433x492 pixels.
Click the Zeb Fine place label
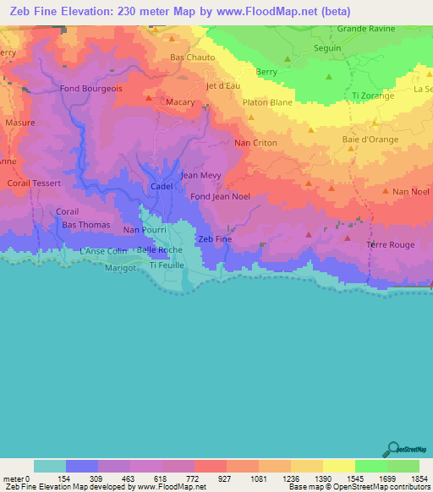[x=214, y=239]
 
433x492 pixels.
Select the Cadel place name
[x=161, y=186]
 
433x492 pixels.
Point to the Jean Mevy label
[x=201, y=176]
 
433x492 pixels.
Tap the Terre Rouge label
[x=390, y=244]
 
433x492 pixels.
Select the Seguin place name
[x=326, y=48]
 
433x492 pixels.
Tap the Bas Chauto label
[x=193, y=57]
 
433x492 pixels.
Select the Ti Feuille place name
[x=165, y=265]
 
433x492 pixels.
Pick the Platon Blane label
[x=268, y=102]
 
